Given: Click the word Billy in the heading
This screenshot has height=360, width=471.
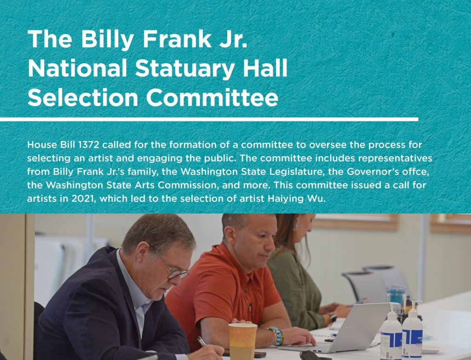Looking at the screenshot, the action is pos(107,40).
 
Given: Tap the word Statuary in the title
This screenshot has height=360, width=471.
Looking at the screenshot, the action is pos(185,69).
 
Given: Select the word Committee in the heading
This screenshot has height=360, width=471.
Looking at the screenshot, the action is pos(212,98).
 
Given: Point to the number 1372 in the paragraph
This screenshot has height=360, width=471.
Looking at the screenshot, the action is pos(88,145).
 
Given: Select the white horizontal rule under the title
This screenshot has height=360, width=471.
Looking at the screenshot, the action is pos(209,120).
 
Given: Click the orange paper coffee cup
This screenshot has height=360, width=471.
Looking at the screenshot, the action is pos(242,341).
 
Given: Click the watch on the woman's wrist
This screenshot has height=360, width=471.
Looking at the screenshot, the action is pos(332,318).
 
